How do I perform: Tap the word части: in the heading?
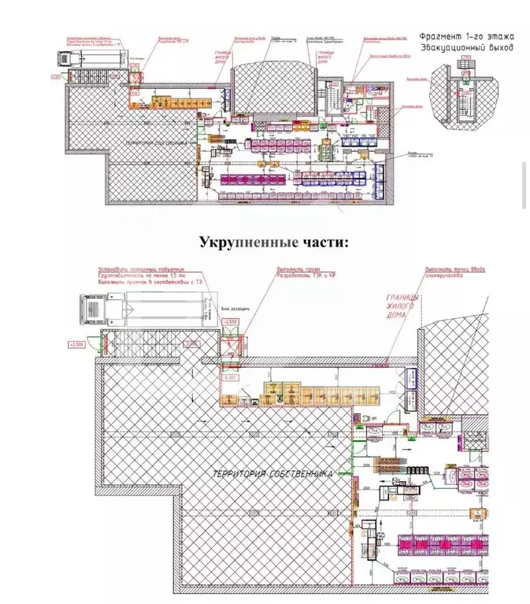point(322,241)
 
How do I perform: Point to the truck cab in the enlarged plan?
point(94,306)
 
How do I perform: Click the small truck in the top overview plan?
point(65,57)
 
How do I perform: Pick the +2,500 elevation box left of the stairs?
point(76,345)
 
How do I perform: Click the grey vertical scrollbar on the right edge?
point(524,186)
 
